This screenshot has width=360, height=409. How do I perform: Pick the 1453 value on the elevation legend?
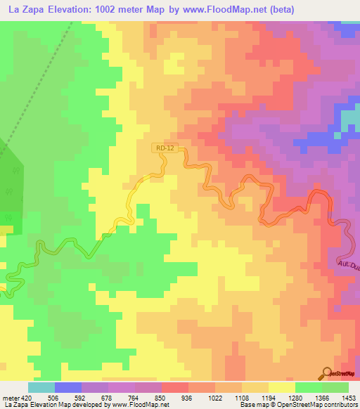pos(349,396)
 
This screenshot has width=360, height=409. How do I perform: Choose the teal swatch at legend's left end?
pos(41,387)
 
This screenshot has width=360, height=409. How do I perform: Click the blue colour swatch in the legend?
pos(68,387)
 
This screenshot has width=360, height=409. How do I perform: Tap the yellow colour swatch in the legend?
pos(281,387)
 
